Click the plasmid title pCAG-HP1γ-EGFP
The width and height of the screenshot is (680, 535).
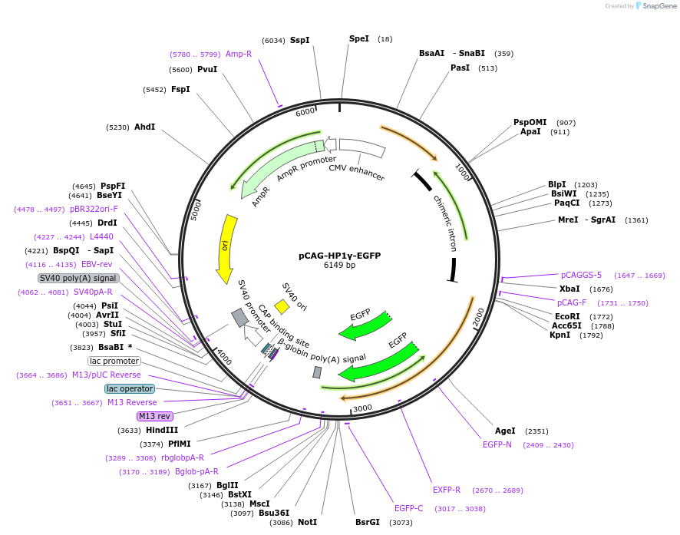coord(339,256)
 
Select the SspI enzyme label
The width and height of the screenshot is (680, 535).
coord(299,40)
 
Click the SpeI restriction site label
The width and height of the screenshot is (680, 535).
coord(358,38)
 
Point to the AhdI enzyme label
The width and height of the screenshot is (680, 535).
coord(144,127)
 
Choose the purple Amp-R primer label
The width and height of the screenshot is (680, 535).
coord(239,54)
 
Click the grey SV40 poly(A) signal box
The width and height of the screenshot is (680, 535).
coord(78,278)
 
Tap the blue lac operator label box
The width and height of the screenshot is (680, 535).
coord(130,388)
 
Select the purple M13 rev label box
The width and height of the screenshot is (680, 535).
coord(154,416)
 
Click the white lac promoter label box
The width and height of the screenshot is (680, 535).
coord(114,361)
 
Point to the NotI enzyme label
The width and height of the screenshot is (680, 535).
coord(307,522)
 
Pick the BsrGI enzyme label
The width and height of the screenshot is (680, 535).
coord(367,522)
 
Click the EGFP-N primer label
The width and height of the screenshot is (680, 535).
coord(497,444)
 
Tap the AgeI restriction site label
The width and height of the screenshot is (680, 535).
coord(505,431)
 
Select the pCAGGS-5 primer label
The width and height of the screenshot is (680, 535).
coord(581,275)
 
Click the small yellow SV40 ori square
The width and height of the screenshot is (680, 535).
coord(282,307)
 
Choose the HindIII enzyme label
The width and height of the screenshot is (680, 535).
coord(162,431)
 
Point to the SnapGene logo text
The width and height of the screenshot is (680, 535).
coord(659,6)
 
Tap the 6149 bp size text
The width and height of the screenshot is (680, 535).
coord(339,266)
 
